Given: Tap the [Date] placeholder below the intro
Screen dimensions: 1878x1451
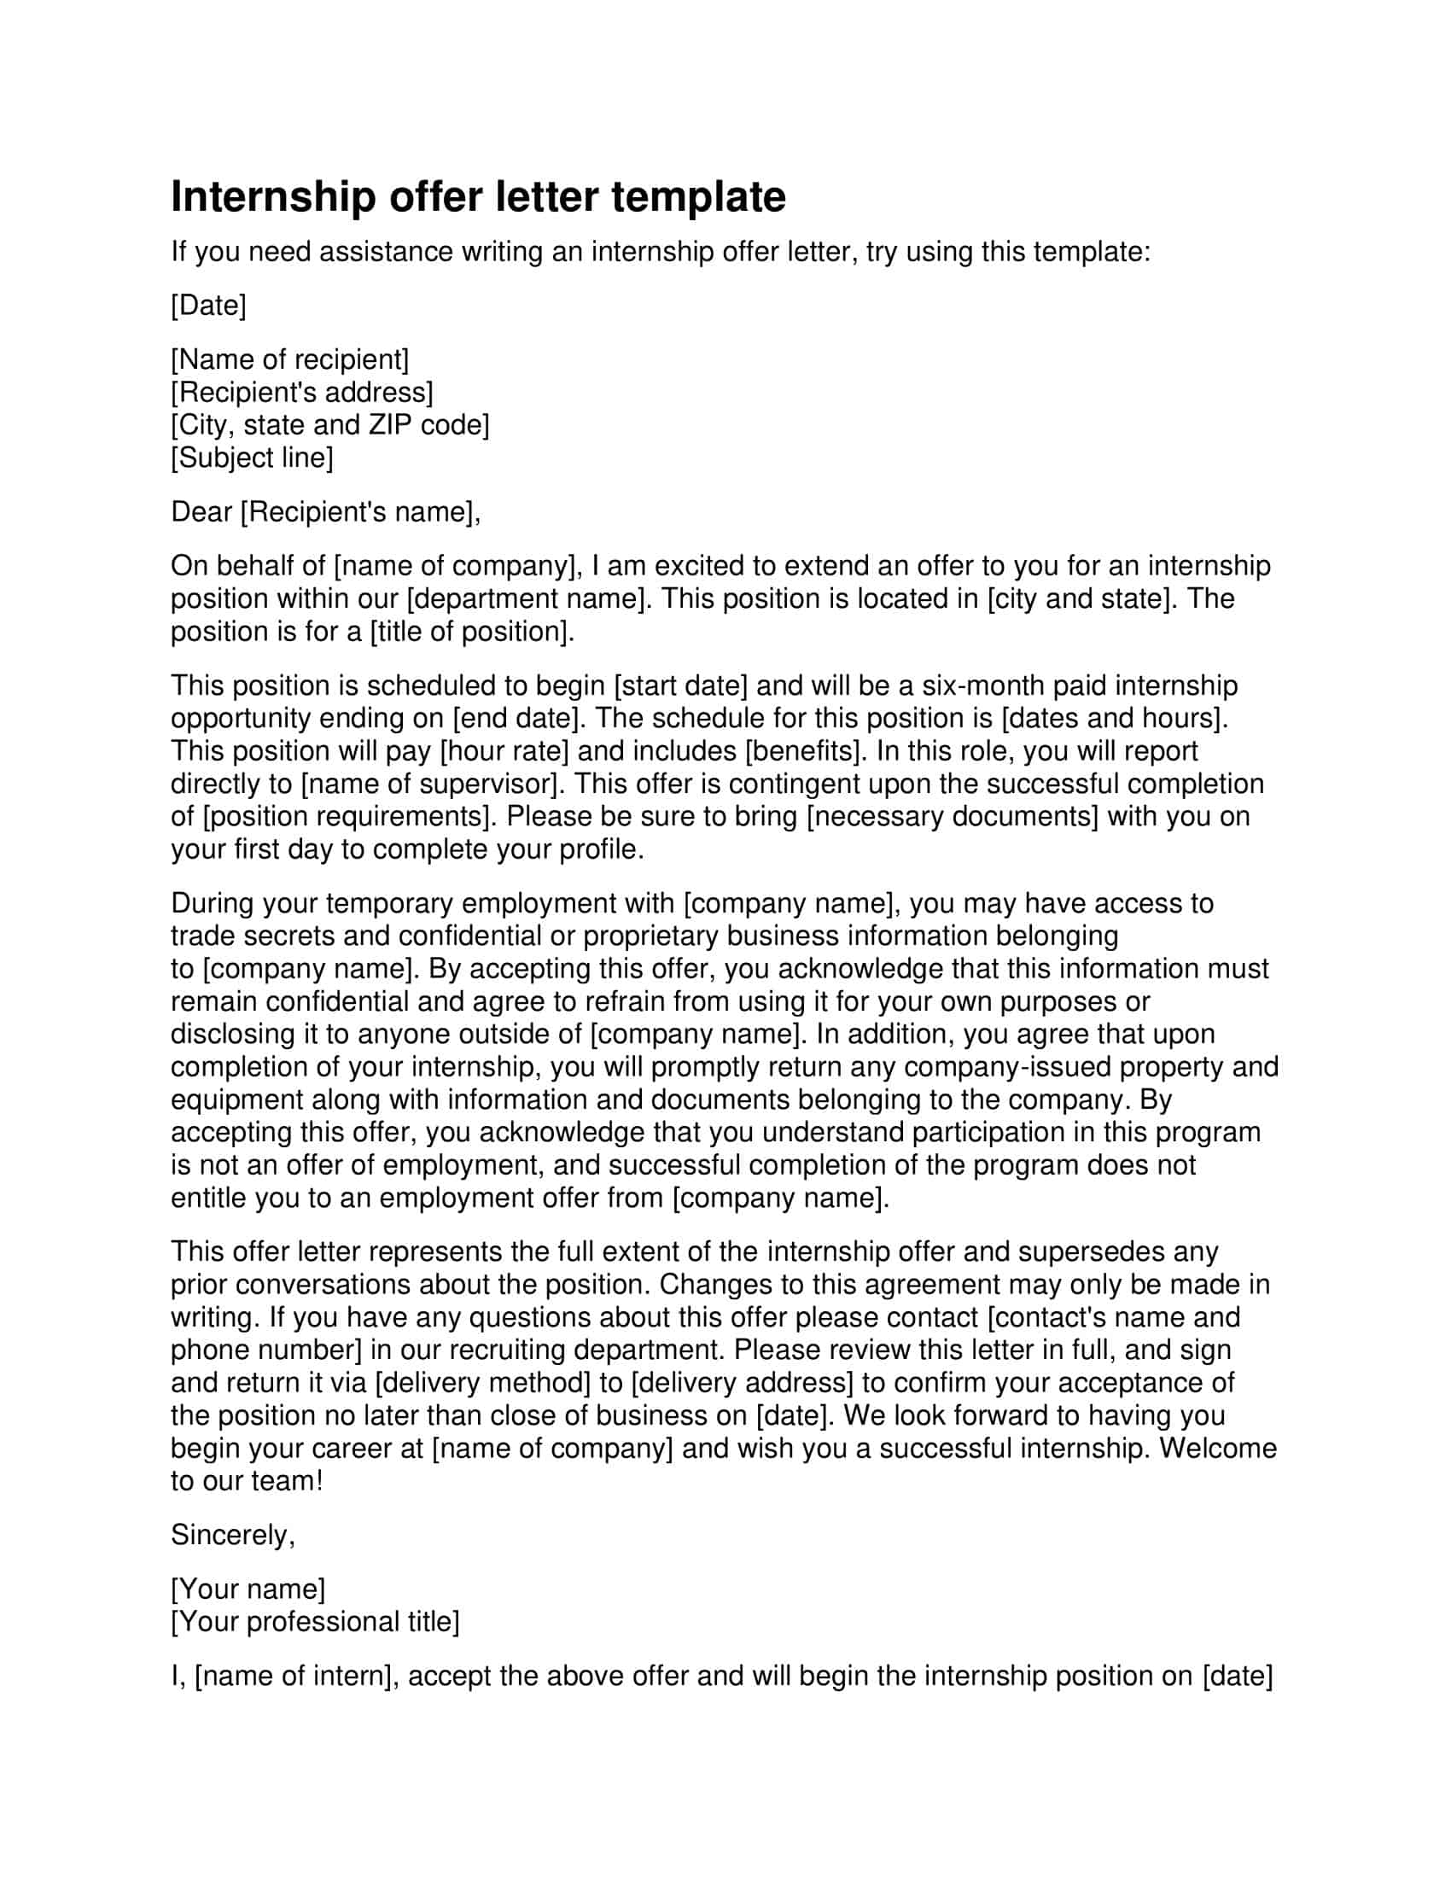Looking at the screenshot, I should click(x=208, y=306).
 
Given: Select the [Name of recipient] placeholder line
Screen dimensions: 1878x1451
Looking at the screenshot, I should click(x=289, y=359).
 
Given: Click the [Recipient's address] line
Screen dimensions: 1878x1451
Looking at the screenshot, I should click(x=301, y=392).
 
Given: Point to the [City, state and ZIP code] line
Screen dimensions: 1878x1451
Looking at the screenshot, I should click(x=330, y=425).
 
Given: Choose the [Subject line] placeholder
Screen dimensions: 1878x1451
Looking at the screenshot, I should click(x=252, y=458).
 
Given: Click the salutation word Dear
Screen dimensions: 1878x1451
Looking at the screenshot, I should click(x=201, y=511).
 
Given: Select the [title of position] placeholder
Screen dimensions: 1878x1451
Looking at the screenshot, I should click(x=470, y=631).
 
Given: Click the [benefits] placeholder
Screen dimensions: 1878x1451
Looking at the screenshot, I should click(x=803, y=750).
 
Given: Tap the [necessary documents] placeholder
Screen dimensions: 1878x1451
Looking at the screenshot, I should click(x=953, y=816).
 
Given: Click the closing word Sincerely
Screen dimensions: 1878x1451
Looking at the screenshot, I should click(x=232, y=1535).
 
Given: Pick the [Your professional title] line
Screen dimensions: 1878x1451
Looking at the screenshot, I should click(x=316, y=1622).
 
